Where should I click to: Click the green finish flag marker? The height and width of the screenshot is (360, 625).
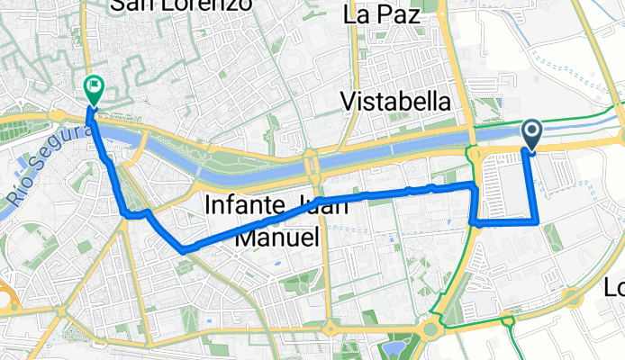coord(93,87)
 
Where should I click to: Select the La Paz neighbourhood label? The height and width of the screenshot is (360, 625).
coord(382,15)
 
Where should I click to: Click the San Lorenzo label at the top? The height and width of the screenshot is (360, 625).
coord(179,5)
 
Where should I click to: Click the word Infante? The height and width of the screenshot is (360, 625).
coord(236,205)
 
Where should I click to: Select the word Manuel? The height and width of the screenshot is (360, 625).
coord(277,238)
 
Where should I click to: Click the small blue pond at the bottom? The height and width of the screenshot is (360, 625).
coord(394,346)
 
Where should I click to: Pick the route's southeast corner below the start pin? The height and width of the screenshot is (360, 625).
coord(537,220)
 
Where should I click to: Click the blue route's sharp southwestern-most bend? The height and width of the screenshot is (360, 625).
coord(182,247)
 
